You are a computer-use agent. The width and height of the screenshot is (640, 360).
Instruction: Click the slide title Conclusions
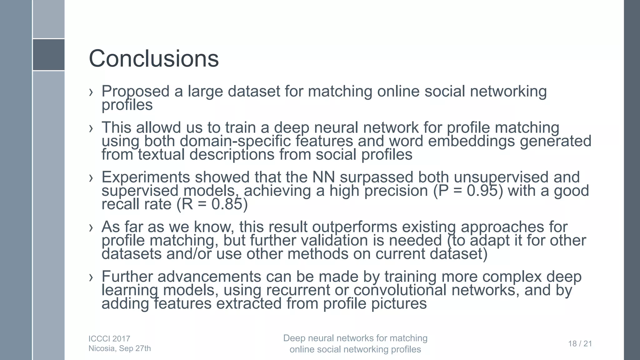[154, 58]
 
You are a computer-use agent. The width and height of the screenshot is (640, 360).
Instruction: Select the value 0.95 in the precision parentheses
[482, 191]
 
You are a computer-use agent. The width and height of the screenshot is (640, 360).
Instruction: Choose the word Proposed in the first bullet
[135, 92]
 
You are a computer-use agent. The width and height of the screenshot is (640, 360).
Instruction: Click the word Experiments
[146, 177]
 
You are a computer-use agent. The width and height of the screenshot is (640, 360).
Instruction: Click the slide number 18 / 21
[580, 344]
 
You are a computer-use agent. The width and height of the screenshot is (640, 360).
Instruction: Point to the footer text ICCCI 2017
[109, 339]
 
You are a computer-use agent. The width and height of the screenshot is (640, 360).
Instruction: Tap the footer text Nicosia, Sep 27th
[120, 348]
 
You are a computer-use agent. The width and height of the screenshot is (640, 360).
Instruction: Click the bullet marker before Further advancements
[91, 277]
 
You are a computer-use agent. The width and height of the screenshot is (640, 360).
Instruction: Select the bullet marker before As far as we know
[91, 227]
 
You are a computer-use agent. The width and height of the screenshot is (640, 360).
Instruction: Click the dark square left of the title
[49, 55]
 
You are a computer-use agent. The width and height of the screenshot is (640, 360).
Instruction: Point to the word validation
[334, 240]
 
